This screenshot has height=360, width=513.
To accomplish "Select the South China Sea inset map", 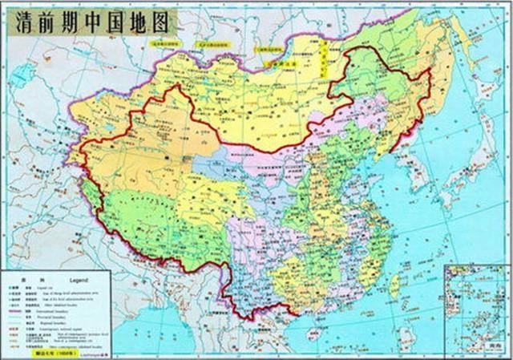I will [x=476, y=309].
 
